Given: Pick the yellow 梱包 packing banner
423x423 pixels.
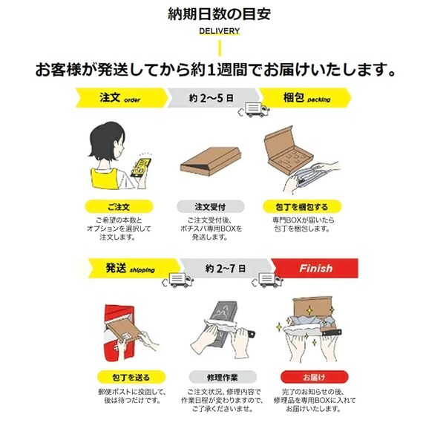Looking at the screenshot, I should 308,98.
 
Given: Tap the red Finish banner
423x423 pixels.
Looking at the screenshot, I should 315,268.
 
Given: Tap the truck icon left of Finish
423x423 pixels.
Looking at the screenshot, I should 268,280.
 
